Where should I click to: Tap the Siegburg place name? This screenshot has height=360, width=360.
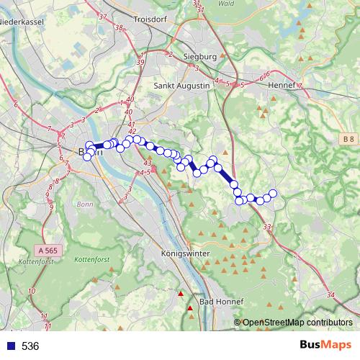click(199, 56)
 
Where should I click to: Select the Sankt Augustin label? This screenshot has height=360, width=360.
click(181, 85)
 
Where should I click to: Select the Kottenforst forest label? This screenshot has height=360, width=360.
click(91, 258)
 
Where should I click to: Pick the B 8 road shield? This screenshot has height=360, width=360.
click(348, 138)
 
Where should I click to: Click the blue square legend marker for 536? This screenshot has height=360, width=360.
click(10, 346)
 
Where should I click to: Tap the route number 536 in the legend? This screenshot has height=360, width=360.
click(30, 346)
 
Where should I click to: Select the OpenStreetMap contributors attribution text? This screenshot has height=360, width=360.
click(297, 323)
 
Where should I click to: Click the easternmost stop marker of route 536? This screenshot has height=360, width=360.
click(273, 193)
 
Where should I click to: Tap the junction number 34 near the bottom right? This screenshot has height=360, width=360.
click(330, 296)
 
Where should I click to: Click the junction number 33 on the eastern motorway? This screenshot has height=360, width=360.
click(268, 227)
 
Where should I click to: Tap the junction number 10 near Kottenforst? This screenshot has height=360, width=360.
click(31, 291)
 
